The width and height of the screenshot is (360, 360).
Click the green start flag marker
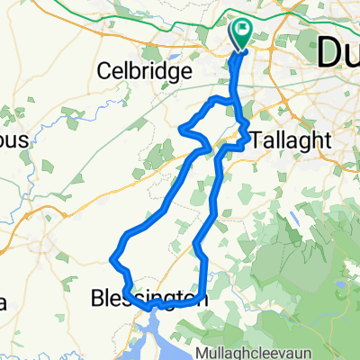243,34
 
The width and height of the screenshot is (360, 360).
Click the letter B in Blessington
98,297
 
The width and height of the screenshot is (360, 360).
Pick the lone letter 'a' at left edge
4,301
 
